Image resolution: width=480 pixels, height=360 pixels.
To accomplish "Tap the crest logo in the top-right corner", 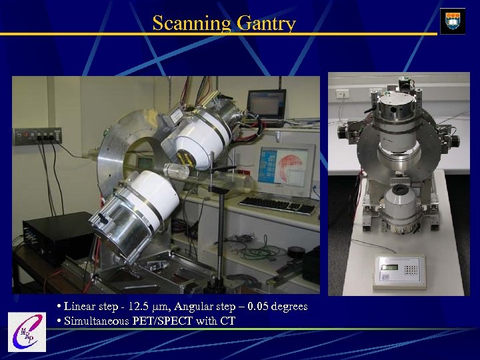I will click(x=453, y=21).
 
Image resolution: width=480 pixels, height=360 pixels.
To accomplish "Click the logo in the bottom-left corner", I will click(x=26, y=332).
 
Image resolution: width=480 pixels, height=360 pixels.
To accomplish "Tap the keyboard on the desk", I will click(x=277, y=205).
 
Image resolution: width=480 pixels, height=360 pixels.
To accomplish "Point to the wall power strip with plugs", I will click(x=37, y=136).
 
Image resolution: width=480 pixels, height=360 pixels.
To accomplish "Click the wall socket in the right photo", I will click(x=342, y=94).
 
